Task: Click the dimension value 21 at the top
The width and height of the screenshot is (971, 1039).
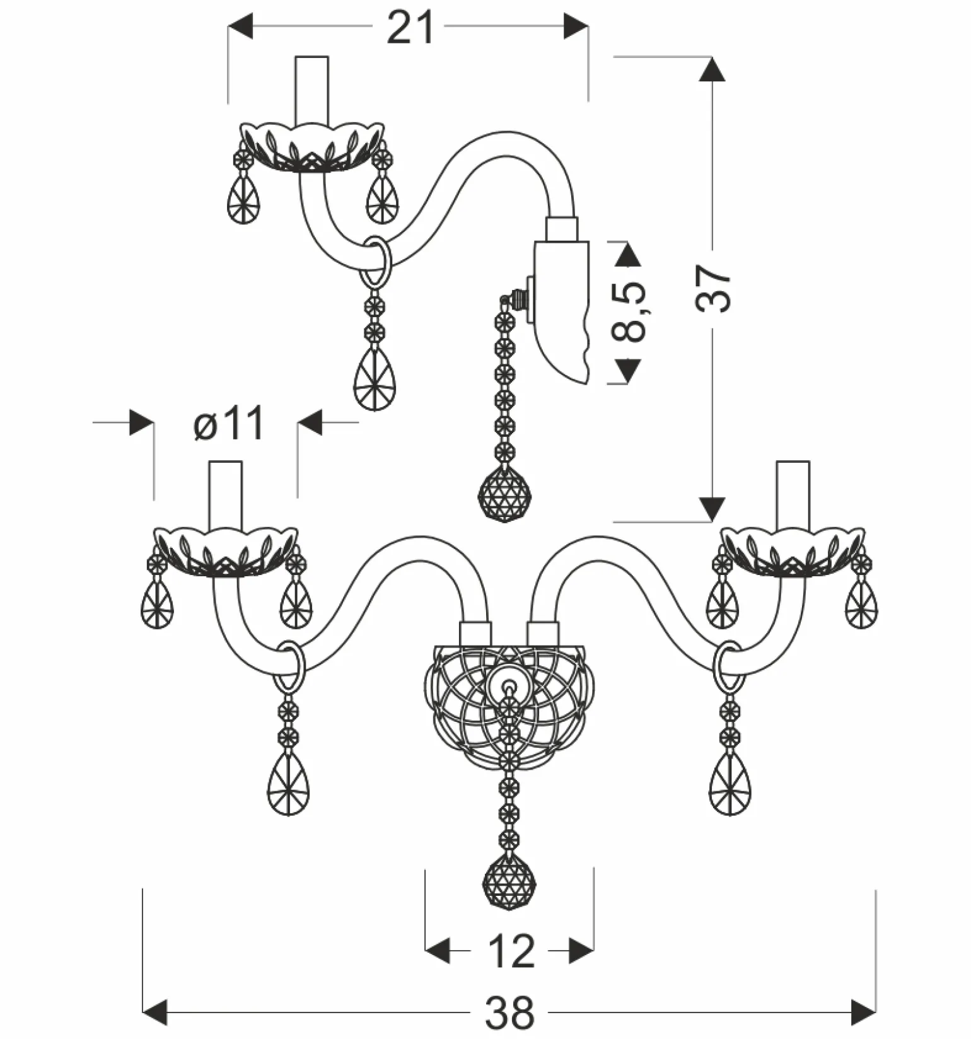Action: click(410, 28)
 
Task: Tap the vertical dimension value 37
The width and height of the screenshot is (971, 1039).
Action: click(714, 288)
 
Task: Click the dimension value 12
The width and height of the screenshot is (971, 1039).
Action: click(511, 951)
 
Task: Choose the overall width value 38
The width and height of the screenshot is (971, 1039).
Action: click(509, 1013)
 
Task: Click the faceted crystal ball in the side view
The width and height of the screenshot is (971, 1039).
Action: click(504, 494)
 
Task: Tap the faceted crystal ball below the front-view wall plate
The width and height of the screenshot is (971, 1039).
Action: click(509, 880)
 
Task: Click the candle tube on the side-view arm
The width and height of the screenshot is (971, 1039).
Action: click(312, 90)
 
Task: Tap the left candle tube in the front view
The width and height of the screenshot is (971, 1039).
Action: click(226, 496)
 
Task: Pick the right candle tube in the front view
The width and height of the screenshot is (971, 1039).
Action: click(793, 496)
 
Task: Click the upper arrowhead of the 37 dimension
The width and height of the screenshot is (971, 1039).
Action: click(712, 69)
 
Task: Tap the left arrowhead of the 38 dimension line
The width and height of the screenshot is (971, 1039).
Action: click(155, 1013)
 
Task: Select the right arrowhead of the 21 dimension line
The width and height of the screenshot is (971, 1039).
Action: click(576, 26)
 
